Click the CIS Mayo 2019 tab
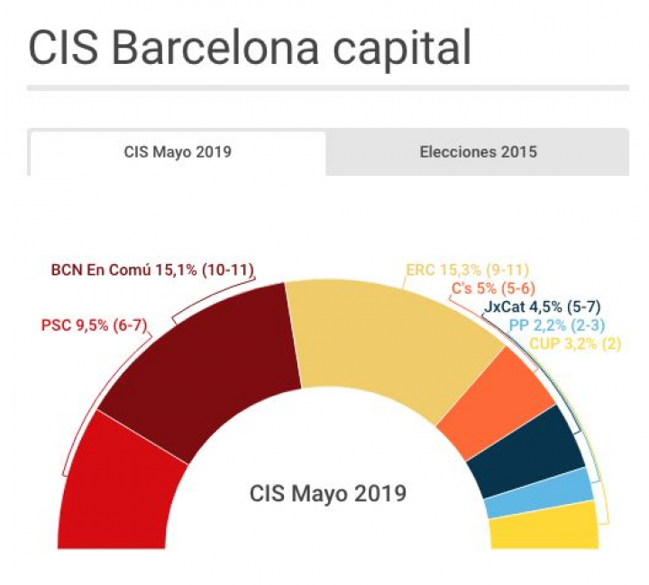[x=178, y=152]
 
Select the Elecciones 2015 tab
[x=478, y=152]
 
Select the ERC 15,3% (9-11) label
[x=467, y=270]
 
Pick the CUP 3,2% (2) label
[x=575, y=343]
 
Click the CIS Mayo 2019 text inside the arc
[x=327, y=494]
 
